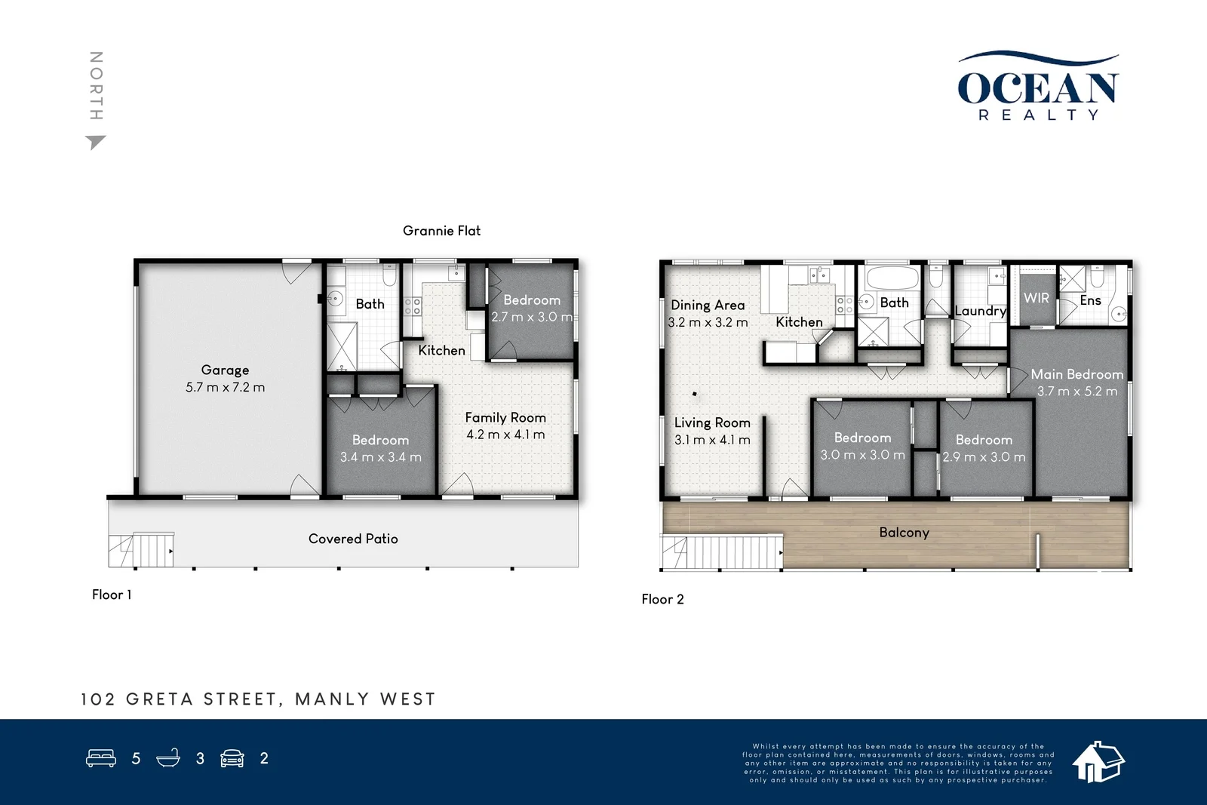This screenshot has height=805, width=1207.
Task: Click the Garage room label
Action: coord(225,370)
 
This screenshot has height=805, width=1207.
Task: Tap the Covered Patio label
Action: coord(353,539)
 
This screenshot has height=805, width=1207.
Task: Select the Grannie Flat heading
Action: coord(441,231)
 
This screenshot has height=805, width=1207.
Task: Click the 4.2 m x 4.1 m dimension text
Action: coord(505,435)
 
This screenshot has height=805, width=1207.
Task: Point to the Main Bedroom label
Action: coord(1076,374)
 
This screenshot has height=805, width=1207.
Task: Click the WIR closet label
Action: coord(1036,298)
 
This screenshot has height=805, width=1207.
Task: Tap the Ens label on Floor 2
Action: coord(1090,300)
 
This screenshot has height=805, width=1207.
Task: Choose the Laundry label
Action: coord(980,311)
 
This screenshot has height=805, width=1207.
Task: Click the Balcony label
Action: coord(904,533)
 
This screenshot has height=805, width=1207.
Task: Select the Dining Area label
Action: coord(708,305)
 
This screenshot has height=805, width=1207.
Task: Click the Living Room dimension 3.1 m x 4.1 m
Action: coord(712,440)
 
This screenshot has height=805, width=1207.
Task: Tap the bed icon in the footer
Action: coord(101,758)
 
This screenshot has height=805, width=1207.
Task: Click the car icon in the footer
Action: coord(232,758)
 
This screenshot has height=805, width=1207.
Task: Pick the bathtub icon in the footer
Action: coord(168,758)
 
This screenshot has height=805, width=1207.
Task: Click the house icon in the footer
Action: coord(1098,761)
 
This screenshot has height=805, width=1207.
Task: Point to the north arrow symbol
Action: coord(95,142)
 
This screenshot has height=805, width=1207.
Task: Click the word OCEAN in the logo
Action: coord(1037,88)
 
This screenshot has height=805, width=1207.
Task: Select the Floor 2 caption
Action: coord(662,599)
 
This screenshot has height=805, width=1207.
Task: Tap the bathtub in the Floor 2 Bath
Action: coord(892,278)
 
